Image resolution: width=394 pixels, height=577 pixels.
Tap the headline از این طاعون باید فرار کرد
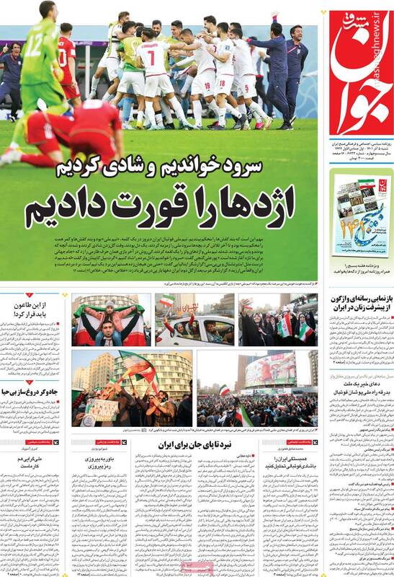[32, 310]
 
